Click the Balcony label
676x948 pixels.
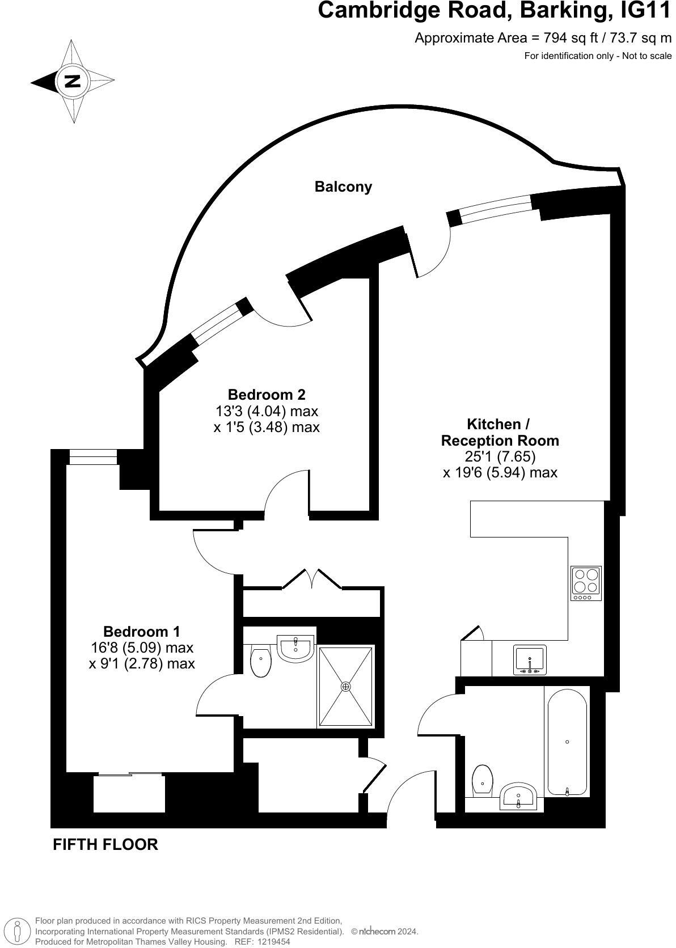pos(343,187)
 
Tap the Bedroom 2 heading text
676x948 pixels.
pos(267,394)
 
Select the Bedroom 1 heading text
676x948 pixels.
pos(142,631)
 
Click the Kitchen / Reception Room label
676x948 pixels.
pos(500,432)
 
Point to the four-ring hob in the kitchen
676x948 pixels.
pos(586,583)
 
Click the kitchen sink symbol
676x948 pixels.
pos(530,660)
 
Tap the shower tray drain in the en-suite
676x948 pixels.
pos(346,686)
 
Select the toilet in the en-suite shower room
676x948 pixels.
pos(261,662)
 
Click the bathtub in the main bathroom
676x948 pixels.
pos(567,742)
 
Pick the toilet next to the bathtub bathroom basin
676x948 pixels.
pos(482,781)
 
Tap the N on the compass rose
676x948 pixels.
pos(73,81)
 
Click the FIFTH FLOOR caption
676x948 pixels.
pos(105,844)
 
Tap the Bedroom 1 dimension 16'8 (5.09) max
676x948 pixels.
pos(142,647)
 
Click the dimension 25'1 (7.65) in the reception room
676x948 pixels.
pos(500,456)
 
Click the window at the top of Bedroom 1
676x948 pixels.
pos(93,456)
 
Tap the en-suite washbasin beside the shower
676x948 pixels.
pos(295,648)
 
